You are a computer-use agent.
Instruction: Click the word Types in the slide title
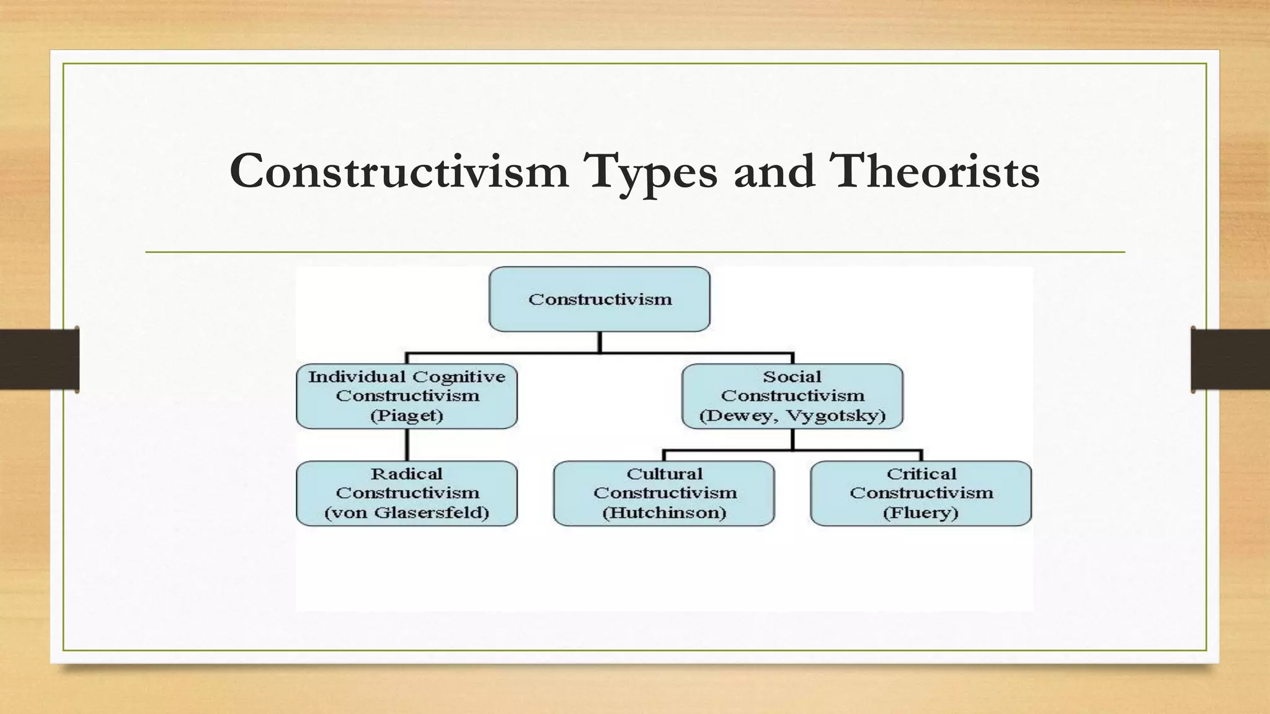tap(651, 172)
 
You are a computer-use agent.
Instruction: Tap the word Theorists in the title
tap(935, 172)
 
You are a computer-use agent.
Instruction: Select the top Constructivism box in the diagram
tap(599, 299)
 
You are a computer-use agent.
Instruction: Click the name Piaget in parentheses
tap(407, 415)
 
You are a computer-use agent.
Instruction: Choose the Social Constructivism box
tap(792, 395)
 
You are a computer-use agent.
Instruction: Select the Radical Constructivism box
tap(407, 493)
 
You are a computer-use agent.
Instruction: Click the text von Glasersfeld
tap(407, 513)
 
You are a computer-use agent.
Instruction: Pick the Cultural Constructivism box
tap(664, 493)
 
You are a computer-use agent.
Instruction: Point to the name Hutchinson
tap(664, 513)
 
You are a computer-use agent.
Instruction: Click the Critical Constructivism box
tap(921, 493)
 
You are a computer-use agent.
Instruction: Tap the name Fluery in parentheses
tap(921, 513)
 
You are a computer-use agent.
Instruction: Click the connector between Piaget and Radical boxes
tap(407, 444)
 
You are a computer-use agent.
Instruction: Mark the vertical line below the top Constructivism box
tap(599, 342)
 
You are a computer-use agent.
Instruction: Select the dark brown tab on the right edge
tap(1230, 359)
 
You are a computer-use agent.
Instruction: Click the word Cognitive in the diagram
tap(459, 377)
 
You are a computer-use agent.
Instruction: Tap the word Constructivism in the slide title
tap(399, 172)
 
